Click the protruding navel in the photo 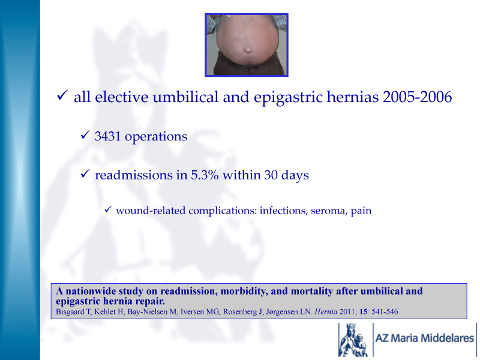pos(248,50)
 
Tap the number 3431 pos(108,136)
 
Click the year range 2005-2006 pos(417,97)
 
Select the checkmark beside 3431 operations pos(85,134)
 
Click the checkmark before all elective pos(62,95)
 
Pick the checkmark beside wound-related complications pos(107,209)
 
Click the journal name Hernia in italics pos(326,311)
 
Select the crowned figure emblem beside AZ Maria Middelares pos(353,340)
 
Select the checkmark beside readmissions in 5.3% pos(85,173)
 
